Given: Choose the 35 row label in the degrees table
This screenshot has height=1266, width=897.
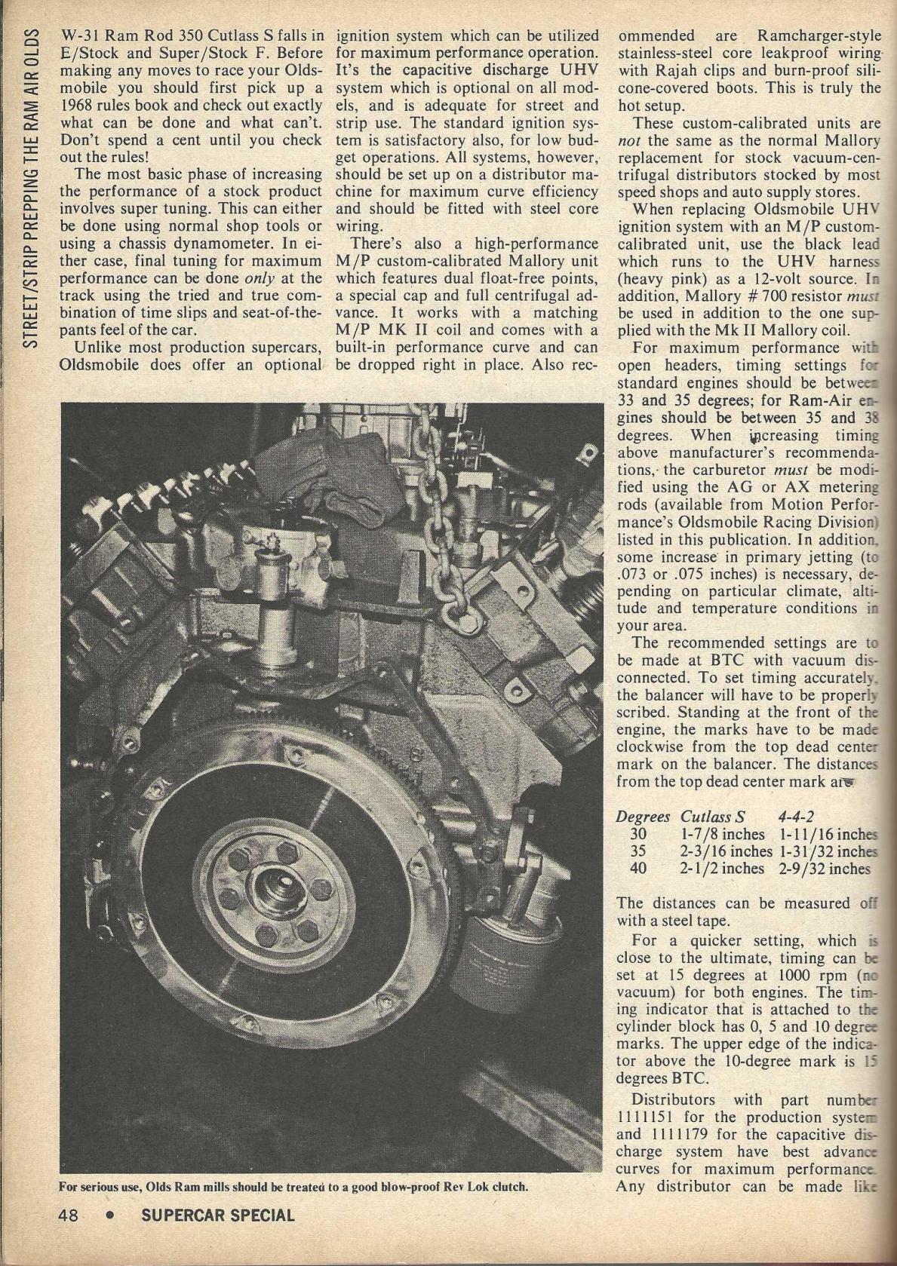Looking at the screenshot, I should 638,851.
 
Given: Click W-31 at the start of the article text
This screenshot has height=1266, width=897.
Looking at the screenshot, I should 81,35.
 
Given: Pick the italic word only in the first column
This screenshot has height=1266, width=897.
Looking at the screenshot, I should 261,277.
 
